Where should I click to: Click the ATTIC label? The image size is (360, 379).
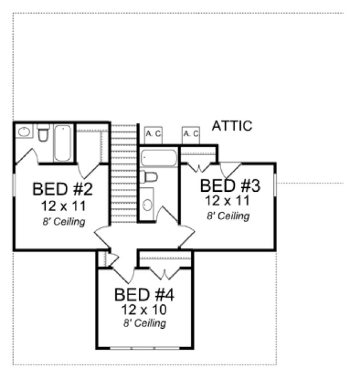(232, 126)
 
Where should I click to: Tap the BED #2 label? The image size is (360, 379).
(63, 189)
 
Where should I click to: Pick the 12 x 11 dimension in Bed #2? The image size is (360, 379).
(63, 205)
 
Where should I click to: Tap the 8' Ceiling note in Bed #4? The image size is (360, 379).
(145, 324)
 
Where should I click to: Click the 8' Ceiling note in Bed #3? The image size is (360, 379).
(228, 216)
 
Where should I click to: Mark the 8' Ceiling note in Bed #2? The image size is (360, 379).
(63, 221)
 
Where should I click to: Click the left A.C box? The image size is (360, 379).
(153, 134)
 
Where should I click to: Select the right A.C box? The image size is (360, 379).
(191, 134)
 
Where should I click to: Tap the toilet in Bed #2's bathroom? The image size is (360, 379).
(43, 135)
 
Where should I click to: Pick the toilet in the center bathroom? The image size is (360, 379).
(149, 177)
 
